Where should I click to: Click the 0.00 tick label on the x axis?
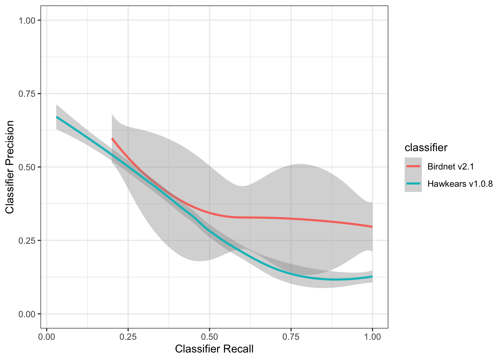coord(46,337)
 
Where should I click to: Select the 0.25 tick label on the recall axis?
coord(128,337)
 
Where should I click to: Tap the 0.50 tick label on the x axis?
coord(209,337)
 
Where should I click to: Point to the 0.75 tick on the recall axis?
coord(291,337)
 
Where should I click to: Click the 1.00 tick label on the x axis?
coord(372,337)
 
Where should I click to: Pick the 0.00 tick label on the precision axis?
coord(27,314)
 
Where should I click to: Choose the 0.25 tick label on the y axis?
coord(27,240)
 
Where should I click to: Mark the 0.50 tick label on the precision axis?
coord(27,167)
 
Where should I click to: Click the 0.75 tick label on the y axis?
coord(27,93)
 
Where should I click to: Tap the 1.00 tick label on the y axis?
coord(27,20)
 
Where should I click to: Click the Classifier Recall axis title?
coord(214,349)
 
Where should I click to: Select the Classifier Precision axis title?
coord(10,167)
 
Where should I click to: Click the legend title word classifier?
coord(426,148)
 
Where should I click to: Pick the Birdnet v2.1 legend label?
coord(450,166)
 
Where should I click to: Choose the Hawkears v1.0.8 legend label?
coord(460,184)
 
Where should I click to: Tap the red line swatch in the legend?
coord(413,166)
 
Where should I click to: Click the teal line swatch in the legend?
coord(413,184)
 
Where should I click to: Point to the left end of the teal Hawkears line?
coord(57,117)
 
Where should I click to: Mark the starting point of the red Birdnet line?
coord(112,139)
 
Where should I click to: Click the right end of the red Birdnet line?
coord(372,226)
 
